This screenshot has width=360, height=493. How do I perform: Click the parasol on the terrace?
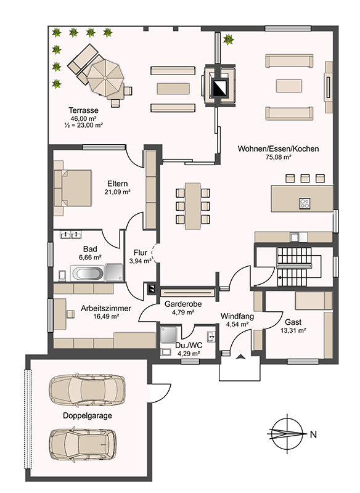point(105,77)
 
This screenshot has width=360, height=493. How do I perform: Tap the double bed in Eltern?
point(73,189)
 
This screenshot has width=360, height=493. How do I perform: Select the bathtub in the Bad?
point(87,273)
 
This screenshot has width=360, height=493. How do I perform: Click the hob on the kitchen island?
point(305,203)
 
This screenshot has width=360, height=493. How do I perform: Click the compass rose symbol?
point(287,434)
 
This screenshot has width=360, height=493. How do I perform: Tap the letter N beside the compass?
point(313,434)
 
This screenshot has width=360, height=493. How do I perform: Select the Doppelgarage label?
point(88,415)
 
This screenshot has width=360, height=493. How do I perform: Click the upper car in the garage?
point(87,389)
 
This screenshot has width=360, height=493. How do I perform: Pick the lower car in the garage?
point(83,444)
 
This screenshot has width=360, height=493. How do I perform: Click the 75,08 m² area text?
point(278,157)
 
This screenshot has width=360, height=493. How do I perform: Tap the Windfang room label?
point(237,316)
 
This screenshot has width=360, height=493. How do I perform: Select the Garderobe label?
point(183,304)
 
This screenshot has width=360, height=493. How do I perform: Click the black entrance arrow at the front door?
point(240,356)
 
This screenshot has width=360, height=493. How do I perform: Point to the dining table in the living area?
point(193,206)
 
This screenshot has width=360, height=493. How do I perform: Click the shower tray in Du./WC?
point(168,335)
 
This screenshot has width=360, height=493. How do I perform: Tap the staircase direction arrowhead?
point(280,278)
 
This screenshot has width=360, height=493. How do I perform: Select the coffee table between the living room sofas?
point(289,86)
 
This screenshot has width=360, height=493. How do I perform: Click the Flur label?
point(140,253)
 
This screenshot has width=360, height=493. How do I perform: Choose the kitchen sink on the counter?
point(295,237)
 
